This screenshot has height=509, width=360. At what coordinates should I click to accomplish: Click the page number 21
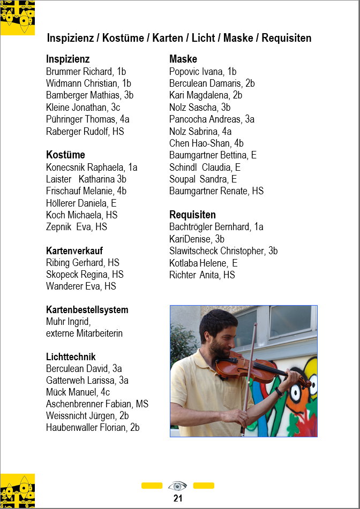click(178, 498)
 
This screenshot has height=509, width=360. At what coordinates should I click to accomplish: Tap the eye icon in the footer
click(177, 486)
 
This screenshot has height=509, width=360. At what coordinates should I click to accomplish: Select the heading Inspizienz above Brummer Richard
click(68, 59)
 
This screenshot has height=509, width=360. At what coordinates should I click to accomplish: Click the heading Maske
click(183, 59)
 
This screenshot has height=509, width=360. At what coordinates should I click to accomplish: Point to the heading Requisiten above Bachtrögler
click(192, 215)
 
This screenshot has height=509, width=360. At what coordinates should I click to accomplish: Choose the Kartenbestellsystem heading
click(87, 310)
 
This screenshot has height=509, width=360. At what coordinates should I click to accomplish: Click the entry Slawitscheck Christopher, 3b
click(223, 250)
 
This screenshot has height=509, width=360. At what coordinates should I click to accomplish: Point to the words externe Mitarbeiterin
click(85, 333)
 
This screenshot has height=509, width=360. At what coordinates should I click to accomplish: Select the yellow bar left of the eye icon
click(152, 485)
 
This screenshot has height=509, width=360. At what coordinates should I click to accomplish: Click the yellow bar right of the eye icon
click(204, 485)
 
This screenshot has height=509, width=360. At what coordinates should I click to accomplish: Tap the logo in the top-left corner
click(18, 18)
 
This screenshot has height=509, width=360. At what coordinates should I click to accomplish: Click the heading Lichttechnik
click(71, 356)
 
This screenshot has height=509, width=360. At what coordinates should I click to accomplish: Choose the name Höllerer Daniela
click(81, 203)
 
